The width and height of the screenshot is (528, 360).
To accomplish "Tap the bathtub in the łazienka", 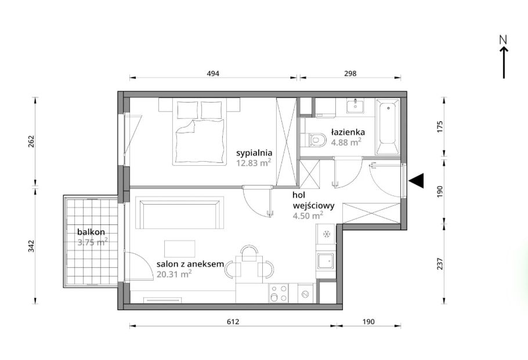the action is pos(388,127).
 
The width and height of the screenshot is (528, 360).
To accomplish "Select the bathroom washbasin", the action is pos(355,106).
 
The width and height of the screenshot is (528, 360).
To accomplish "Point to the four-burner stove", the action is pos(279,293).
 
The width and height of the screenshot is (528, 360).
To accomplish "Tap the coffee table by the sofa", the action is pos(179,249).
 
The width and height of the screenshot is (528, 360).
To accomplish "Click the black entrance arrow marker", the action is pos(417,181).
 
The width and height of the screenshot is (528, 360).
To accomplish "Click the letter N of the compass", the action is pos(504,39).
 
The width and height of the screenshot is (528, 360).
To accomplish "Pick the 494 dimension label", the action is pos(213,74).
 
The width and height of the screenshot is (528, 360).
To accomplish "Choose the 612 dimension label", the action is pos(233,322).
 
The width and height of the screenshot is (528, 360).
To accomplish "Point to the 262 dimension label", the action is pos(31,141).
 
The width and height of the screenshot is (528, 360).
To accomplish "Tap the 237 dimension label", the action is pos(439,264).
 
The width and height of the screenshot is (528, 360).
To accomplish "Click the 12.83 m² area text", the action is pos(254,163).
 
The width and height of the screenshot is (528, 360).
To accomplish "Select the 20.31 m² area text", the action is pos(174,274).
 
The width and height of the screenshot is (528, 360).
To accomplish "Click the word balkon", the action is pos(91,232).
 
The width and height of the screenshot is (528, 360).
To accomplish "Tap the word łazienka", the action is pos(348,132).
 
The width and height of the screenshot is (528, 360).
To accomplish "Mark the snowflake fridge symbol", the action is pos(326,234).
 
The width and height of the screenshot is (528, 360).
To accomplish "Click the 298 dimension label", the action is pos(350,74).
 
